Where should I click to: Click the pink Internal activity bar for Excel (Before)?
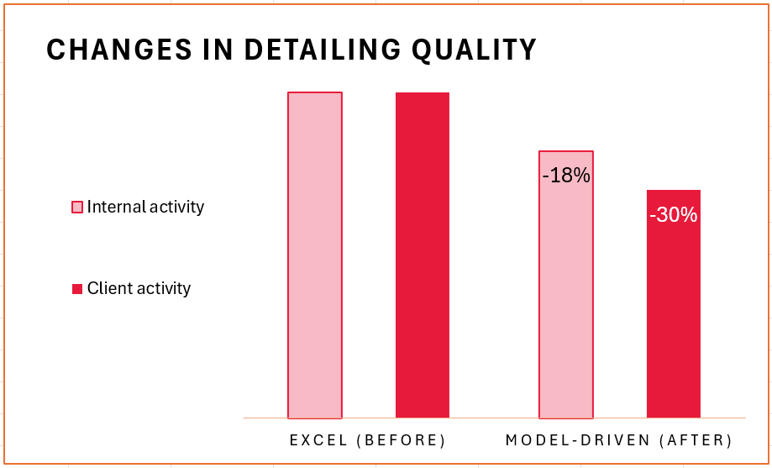315,255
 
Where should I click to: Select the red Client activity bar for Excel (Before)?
423,255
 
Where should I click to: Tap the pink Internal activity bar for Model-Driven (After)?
566,285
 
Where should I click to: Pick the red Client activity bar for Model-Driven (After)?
674,304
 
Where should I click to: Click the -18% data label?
566,176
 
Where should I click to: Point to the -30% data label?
674,215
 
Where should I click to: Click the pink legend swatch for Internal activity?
77,207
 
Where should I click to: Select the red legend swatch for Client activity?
77,289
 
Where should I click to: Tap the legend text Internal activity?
145,208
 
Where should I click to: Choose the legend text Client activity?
139,289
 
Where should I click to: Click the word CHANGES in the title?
118,50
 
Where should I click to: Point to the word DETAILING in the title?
323,50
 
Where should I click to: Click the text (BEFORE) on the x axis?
402,440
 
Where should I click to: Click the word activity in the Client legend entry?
164,289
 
